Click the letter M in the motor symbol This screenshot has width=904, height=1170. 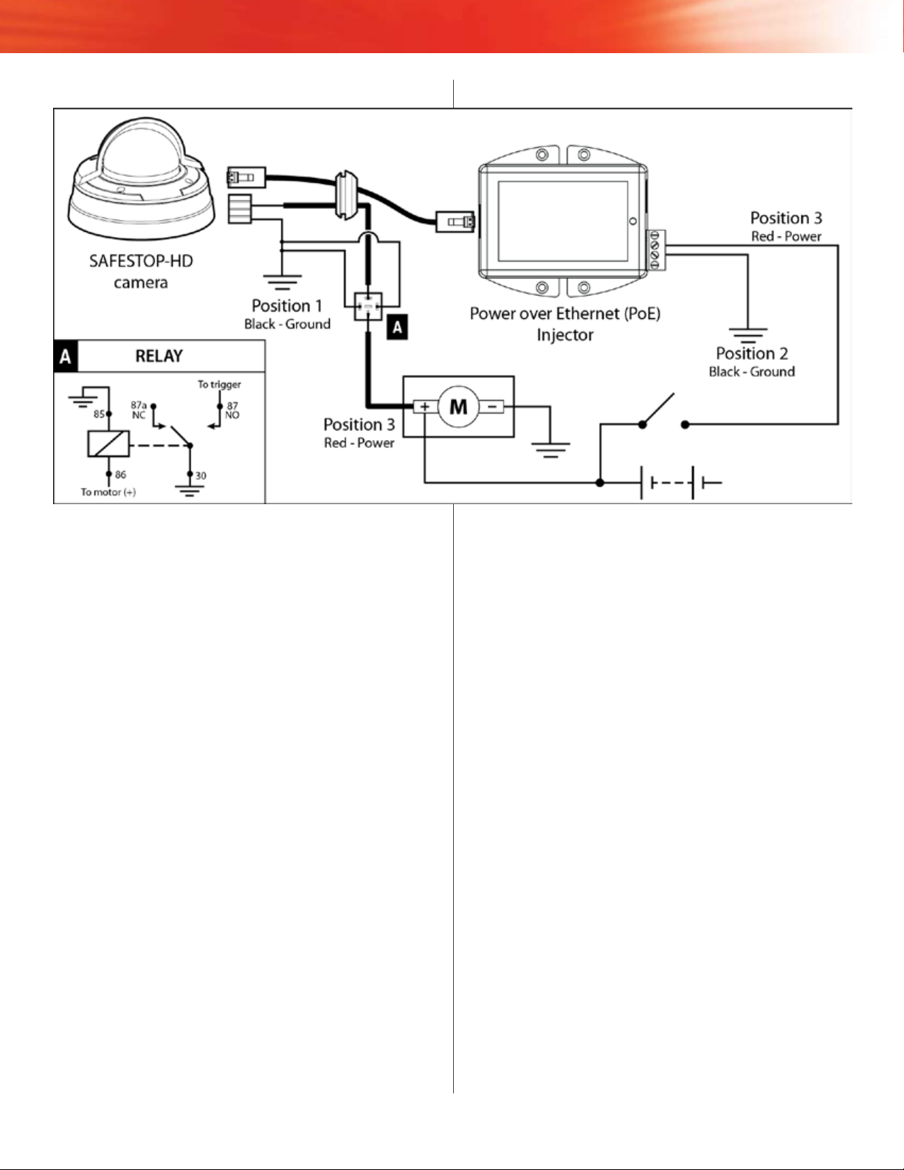click(458, 407)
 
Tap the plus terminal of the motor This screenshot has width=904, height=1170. click(424, 407)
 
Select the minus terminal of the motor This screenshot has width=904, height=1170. click(491, 407)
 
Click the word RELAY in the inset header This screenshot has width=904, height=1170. click(159, 356)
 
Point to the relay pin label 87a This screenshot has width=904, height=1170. click(138, 405)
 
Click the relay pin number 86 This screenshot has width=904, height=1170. click(120, 475)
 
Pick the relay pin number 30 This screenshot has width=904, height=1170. click(201, 475)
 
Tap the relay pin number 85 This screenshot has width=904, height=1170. click(99, 414)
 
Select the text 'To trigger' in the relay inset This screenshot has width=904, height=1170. click(219, 385)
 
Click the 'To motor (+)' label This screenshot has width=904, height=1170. click(108, 492)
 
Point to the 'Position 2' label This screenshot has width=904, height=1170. click(752, 353)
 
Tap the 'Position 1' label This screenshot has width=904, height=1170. click(287, 306)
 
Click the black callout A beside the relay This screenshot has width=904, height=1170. click(397, 327)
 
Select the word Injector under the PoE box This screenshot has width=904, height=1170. click(565, 335)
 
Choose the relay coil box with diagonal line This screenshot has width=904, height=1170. click(108, 444)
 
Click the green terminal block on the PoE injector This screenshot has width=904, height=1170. click(655, 250)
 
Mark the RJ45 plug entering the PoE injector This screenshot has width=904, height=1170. click(455, 221)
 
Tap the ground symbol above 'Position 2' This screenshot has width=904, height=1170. click(748, 335)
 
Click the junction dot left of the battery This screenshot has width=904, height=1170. click(600, 483)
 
